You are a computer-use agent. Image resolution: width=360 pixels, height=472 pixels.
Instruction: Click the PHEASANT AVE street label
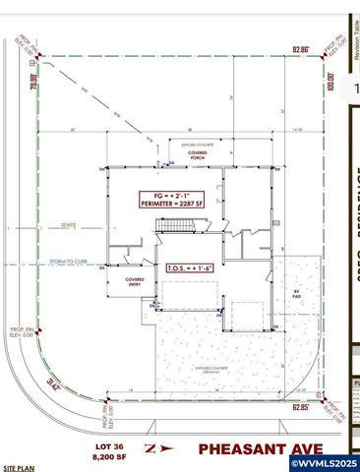[x=257, y=448]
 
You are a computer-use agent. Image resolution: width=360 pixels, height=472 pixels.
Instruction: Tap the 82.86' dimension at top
[x=300, y=48]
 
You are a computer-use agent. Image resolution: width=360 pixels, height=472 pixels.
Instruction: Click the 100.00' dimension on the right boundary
[x=330, y=79]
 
